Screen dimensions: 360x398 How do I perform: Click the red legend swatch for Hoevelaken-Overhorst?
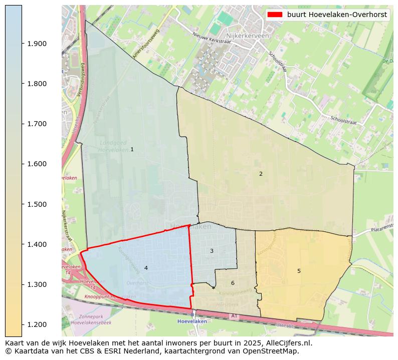(275, 15)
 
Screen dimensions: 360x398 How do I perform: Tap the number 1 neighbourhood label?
(132, 149)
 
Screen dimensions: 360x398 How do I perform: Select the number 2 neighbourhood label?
(261, 174)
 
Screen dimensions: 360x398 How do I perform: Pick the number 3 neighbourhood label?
(212, 251)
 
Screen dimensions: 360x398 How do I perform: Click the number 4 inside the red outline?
(146, 268)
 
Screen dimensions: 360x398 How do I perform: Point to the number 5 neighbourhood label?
(299, 271)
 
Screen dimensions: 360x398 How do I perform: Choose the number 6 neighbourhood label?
(233, 283)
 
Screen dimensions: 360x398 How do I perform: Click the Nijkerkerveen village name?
(248, 36)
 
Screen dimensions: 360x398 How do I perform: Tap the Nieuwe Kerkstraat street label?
(212, 38)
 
